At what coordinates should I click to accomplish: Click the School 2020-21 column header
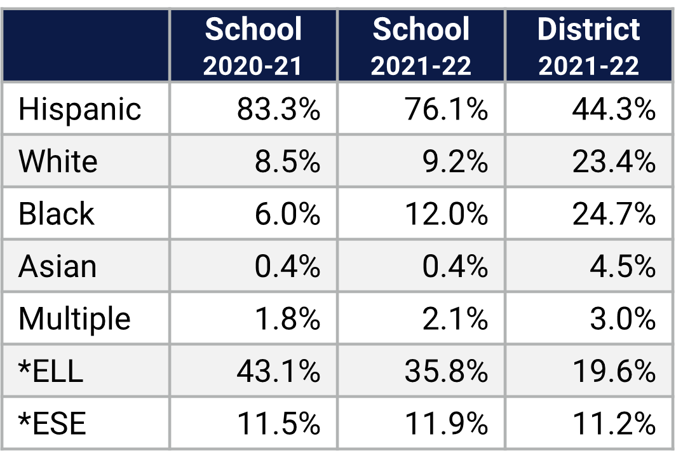coord(253,46)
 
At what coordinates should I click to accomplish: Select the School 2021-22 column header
coord(421,46)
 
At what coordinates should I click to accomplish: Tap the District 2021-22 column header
coord(588,46)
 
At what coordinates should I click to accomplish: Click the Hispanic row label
coord(79,109)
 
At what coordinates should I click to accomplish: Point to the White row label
coord(58,161)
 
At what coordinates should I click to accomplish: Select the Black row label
coord(57,214)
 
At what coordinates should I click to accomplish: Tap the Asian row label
coord(58,266)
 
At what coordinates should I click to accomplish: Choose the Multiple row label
coord(74,318)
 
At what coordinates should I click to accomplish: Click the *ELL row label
coord(51,370)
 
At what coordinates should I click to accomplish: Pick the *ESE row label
coord(52,423)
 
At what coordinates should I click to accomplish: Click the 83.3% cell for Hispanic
coord(278,109)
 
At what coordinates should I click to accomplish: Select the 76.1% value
coord(446,109)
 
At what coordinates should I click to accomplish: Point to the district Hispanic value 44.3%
coord(613,109)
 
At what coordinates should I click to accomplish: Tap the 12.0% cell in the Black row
coord(446,214)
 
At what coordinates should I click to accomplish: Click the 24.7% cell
coord(613,214)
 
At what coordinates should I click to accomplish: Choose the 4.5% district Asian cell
coord(622,266)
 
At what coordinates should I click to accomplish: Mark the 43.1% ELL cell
coord(278,370)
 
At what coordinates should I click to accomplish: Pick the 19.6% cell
coord(613,370)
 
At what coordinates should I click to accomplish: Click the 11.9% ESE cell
coord(446,423)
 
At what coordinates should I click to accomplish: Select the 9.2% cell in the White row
coord(454,161)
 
